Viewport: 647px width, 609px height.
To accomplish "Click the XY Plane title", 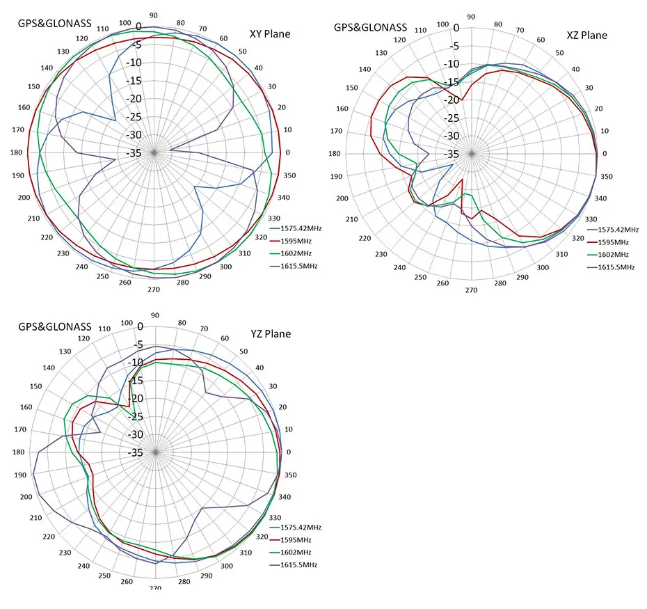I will tap(270, 33).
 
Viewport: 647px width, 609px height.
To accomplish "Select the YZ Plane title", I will tap(271, 333).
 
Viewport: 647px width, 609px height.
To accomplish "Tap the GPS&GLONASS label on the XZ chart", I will tap(370, 27).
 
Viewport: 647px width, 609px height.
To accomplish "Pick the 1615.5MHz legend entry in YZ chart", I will tap(298, 565).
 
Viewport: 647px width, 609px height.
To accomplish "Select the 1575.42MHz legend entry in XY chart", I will tap(301, 228).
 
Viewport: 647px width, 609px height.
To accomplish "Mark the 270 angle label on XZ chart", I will tap(471, 291).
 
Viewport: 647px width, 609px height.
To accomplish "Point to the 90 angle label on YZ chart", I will tap(154, 315).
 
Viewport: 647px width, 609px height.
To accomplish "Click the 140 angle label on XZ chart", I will tap(363, 69).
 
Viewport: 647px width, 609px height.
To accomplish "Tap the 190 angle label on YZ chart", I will tap(19, 475).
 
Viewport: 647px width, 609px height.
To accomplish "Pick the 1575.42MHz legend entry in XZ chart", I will tap(618, 229).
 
